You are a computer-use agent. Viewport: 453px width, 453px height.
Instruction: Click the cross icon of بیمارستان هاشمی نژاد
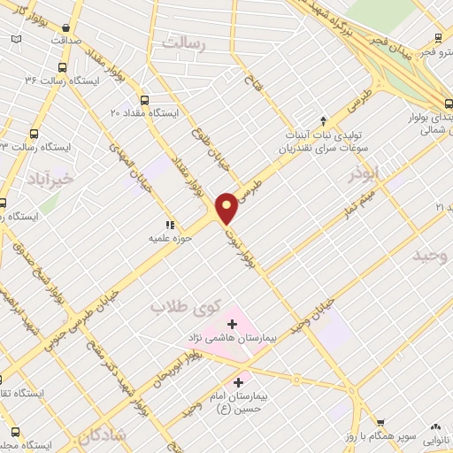click(232, 325)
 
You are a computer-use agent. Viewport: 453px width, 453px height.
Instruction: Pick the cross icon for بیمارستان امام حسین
click(236, 381)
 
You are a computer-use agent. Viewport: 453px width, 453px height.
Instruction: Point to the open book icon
click(16, 40)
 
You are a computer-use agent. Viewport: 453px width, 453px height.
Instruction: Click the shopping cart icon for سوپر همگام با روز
click(380, 423)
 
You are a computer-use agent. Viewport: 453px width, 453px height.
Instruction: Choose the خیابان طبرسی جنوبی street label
click(88, 305)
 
